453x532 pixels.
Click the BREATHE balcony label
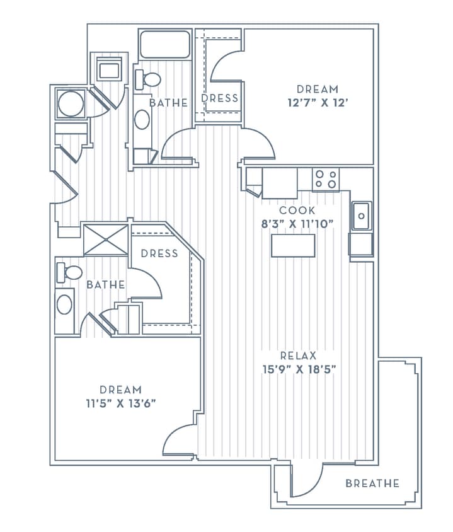(372, 483)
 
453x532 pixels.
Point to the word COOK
(297, 211)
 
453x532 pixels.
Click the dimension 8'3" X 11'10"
(297, 223)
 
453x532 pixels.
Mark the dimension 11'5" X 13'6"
(120, 403)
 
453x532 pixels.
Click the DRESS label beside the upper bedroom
(220, 98)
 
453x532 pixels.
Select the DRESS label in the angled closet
(159, 253)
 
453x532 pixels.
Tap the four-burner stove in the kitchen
(326, 179)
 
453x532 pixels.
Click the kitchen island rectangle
(293, 246)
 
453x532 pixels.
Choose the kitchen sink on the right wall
(361, 216)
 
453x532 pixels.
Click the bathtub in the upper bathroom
(165, 45)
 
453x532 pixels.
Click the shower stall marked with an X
(106, 240)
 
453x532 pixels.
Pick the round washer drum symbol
(70, 103)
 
